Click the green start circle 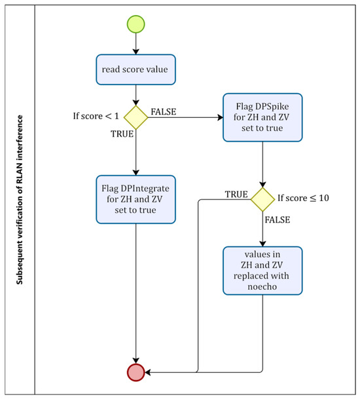click(x=135, y=24)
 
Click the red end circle click(x=135, y=372)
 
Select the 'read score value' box click(x=135, y=69)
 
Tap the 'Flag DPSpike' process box click(x=262, y=117)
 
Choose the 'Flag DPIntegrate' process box click(x=135, y=199)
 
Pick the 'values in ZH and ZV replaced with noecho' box click(x=262, y=271)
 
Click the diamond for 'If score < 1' click(x=135, y=117)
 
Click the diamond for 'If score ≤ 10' click(x=262, y=199)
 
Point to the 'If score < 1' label click(x=96, y=116)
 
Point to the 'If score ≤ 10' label click(x=303, y=198)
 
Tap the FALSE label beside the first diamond click(x=164, y=112)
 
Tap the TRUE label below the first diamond click(x=122, y=134)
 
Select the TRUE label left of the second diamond click(x=236, y=195)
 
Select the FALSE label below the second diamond click(x=278, y=219)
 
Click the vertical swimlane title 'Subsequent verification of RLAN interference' click(x=20, y=200)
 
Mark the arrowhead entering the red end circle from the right click(x=147, y=372)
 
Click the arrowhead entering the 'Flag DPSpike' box click(x=220, y=117)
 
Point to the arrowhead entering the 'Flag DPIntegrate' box click(x=135, y=173)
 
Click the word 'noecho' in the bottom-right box click(x=262, y=286)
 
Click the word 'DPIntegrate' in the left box click(x=145, y=189)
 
